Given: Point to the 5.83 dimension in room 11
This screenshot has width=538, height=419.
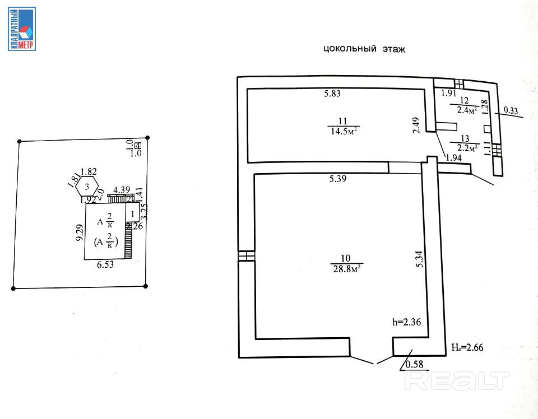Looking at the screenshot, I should coord(332,94).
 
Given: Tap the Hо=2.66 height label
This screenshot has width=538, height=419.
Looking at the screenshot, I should coord(467,347).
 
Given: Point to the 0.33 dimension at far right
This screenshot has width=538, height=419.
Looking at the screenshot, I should coord(511,111).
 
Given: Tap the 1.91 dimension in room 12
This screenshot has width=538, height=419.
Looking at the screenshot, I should coord(448,94).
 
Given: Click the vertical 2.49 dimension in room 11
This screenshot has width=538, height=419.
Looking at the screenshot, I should coord(415,124).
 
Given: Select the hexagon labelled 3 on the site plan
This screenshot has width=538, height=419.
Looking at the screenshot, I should coord(86,186).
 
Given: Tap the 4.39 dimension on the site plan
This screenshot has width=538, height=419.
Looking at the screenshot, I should coord(122,190).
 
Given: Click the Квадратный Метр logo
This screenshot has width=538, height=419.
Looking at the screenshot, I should coord(22,29).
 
